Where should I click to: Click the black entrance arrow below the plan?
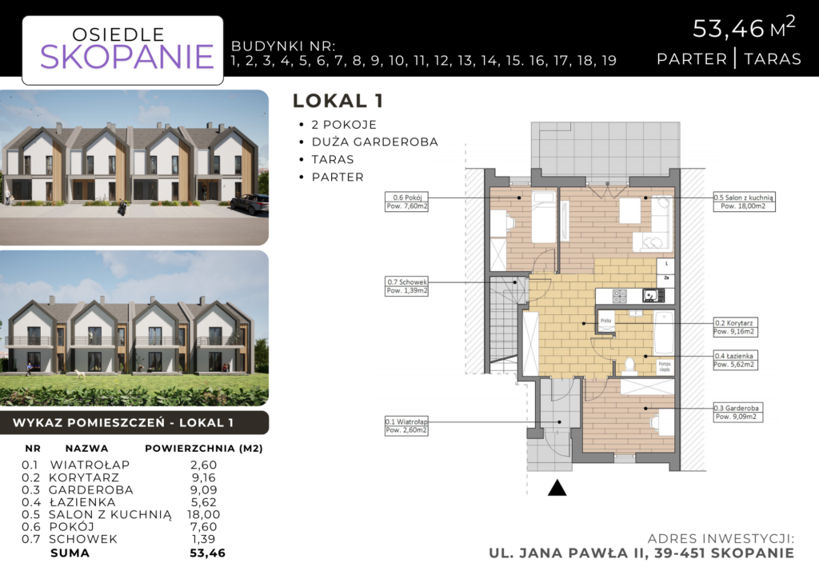557,487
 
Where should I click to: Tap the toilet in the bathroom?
629,365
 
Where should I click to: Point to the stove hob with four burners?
621,296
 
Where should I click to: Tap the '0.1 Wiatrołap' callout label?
405,426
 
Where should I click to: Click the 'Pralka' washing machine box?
607,321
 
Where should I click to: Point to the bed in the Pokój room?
544,216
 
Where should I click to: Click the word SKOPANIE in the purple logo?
126,57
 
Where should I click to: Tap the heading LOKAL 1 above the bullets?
338,101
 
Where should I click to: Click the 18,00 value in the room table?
204,514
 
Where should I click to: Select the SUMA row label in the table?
70,552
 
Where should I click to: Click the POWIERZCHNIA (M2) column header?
204,449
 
